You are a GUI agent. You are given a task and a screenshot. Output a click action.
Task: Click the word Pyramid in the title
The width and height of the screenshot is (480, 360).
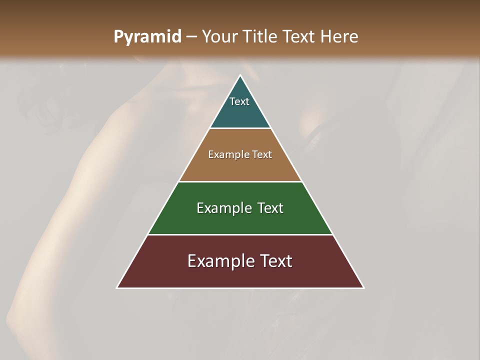[x=147, y=37]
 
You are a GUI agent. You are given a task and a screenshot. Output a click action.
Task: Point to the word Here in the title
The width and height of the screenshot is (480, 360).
[x=339, y=37]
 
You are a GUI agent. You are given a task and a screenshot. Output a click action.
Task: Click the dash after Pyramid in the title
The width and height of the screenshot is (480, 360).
[x=191, y=37]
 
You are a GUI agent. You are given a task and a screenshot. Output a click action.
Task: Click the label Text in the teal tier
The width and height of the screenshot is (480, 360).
[x=239, y=101]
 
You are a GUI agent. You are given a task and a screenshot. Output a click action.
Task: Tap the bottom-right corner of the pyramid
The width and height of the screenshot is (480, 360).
[x=363, y=287]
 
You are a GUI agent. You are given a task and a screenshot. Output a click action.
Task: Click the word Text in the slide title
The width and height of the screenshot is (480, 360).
[x=299, y=37]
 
